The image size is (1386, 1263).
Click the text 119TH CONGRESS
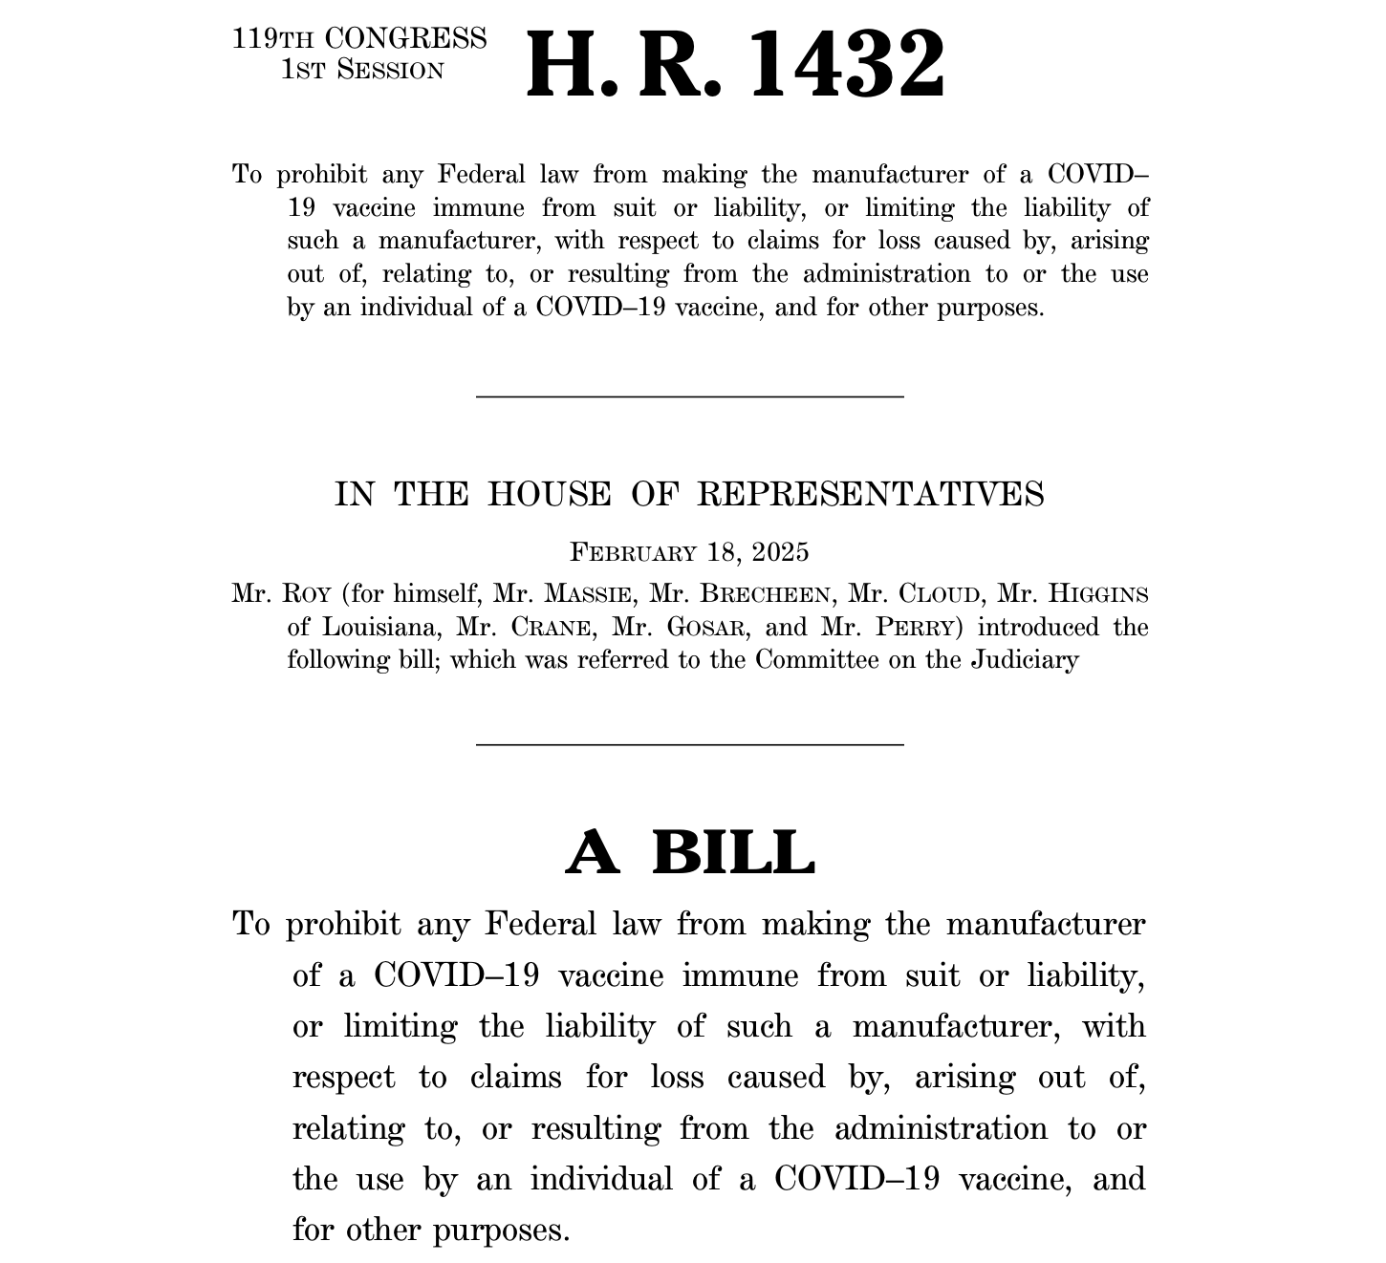(359, 39)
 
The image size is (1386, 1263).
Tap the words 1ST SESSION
(362, 71)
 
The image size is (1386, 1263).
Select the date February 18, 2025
(689, 552)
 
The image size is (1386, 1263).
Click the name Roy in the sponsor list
(306, 594)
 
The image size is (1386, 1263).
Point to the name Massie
(587, 594)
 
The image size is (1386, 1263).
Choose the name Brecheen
(764, 594)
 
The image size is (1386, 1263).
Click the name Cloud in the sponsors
(939, 594)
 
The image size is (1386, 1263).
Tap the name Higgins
(1098, 594)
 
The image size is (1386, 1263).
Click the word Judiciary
(1025, 660)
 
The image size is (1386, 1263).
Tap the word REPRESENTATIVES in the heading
(870, 495)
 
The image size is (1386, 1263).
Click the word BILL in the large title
(733, 852)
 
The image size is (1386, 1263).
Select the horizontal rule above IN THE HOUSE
(689, 396)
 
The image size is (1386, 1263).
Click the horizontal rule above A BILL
(689, 743)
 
